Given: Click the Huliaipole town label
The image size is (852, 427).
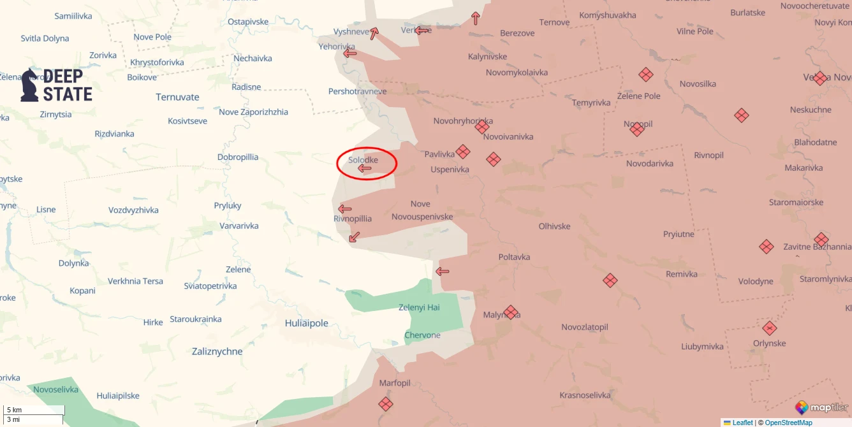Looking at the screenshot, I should click(306, 323).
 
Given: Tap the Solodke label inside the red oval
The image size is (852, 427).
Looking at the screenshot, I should click(363, 159).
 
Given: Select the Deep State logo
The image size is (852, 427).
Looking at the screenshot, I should click(56, 85).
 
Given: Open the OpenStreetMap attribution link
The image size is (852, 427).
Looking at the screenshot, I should click(788, 423).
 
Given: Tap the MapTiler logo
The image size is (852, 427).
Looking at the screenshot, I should click(821, 407).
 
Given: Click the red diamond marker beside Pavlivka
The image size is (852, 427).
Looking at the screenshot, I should click(463, 152).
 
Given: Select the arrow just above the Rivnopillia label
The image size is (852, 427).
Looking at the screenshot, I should click(344, 208).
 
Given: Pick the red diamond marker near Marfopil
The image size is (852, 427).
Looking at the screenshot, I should click(385, 403).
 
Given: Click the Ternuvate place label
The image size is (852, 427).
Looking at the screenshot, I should click(177, 97).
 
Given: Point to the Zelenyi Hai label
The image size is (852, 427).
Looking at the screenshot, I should click(419, 307).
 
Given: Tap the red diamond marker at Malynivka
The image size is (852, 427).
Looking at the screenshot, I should click(510, 312).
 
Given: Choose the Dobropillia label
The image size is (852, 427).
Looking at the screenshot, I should click(238, 157).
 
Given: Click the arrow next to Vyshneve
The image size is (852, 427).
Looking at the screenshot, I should click(374, 34).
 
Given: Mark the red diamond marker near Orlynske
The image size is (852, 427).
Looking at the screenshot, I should click(770, 328).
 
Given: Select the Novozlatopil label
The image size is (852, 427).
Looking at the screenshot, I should click(584, 327).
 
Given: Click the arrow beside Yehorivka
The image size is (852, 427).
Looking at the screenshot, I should click(349, 53).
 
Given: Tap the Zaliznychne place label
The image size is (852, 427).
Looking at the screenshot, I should click(217, 351).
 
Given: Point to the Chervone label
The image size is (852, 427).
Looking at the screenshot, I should click(422, 335).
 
